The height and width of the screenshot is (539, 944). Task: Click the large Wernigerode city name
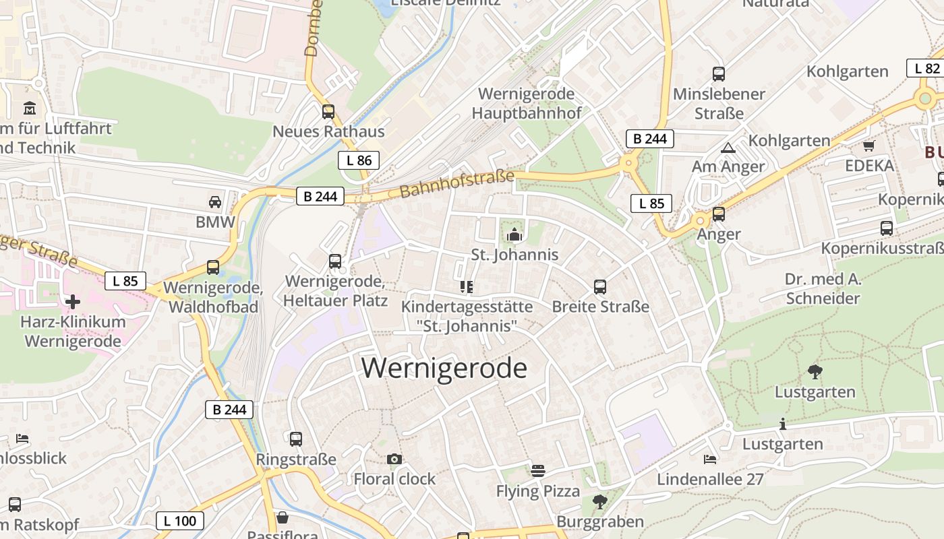[444, 368]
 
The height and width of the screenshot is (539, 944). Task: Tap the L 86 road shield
[359, 160]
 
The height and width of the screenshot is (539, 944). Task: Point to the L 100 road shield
[180, 520]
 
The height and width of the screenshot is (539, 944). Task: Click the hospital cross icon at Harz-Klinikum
[73, 301]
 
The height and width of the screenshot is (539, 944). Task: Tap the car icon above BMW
[215, 201]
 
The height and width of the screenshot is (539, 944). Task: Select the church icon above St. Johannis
[514, 234]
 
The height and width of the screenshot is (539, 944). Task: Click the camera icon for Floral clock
[394, 459]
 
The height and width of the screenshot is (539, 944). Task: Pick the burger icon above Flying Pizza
[537, 470]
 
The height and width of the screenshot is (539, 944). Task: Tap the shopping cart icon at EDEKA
[868, 146]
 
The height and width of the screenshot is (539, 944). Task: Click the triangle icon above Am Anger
[728, 148]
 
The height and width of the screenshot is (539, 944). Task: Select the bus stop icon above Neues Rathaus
[328, 111]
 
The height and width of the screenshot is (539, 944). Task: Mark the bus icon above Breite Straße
[600, 287]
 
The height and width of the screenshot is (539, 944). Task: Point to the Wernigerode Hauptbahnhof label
[526, 103]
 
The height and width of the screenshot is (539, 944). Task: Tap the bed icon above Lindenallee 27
[710, 459]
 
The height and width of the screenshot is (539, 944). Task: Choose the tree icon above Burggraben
[599, 501]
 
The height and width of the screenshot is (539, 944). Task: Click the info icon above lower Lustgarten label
[782, 424]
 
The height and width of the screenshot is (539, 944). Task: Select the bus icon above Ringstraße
[295, 439]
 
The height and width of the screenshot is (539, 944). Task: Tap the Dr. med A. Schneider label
[823, 288]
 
